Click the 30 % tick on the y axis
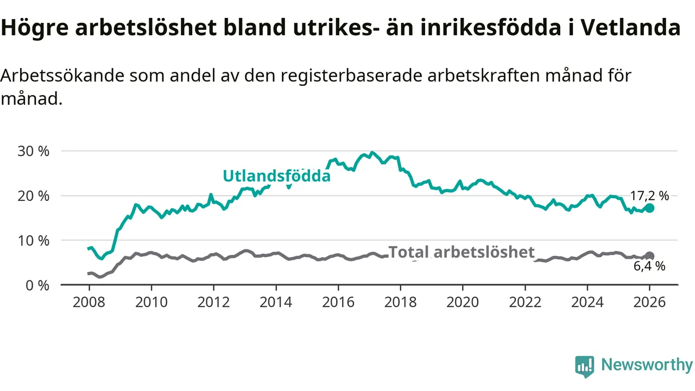[33, 151]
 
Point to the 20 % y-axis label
[33, 195]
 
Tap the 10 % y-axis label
[33, 240]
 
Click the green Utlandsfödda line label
[276, 176]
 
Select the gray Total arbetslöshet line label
[462, 252]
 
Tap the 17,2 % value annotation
[649, 196]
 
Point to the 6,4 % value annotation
[649, 266]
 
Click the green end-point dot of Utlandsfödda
[649, 208]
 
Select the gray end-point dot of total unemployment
[649, 256]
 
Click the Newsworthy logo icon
[584, 367]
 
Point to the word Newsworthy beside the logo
[647, 365]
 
